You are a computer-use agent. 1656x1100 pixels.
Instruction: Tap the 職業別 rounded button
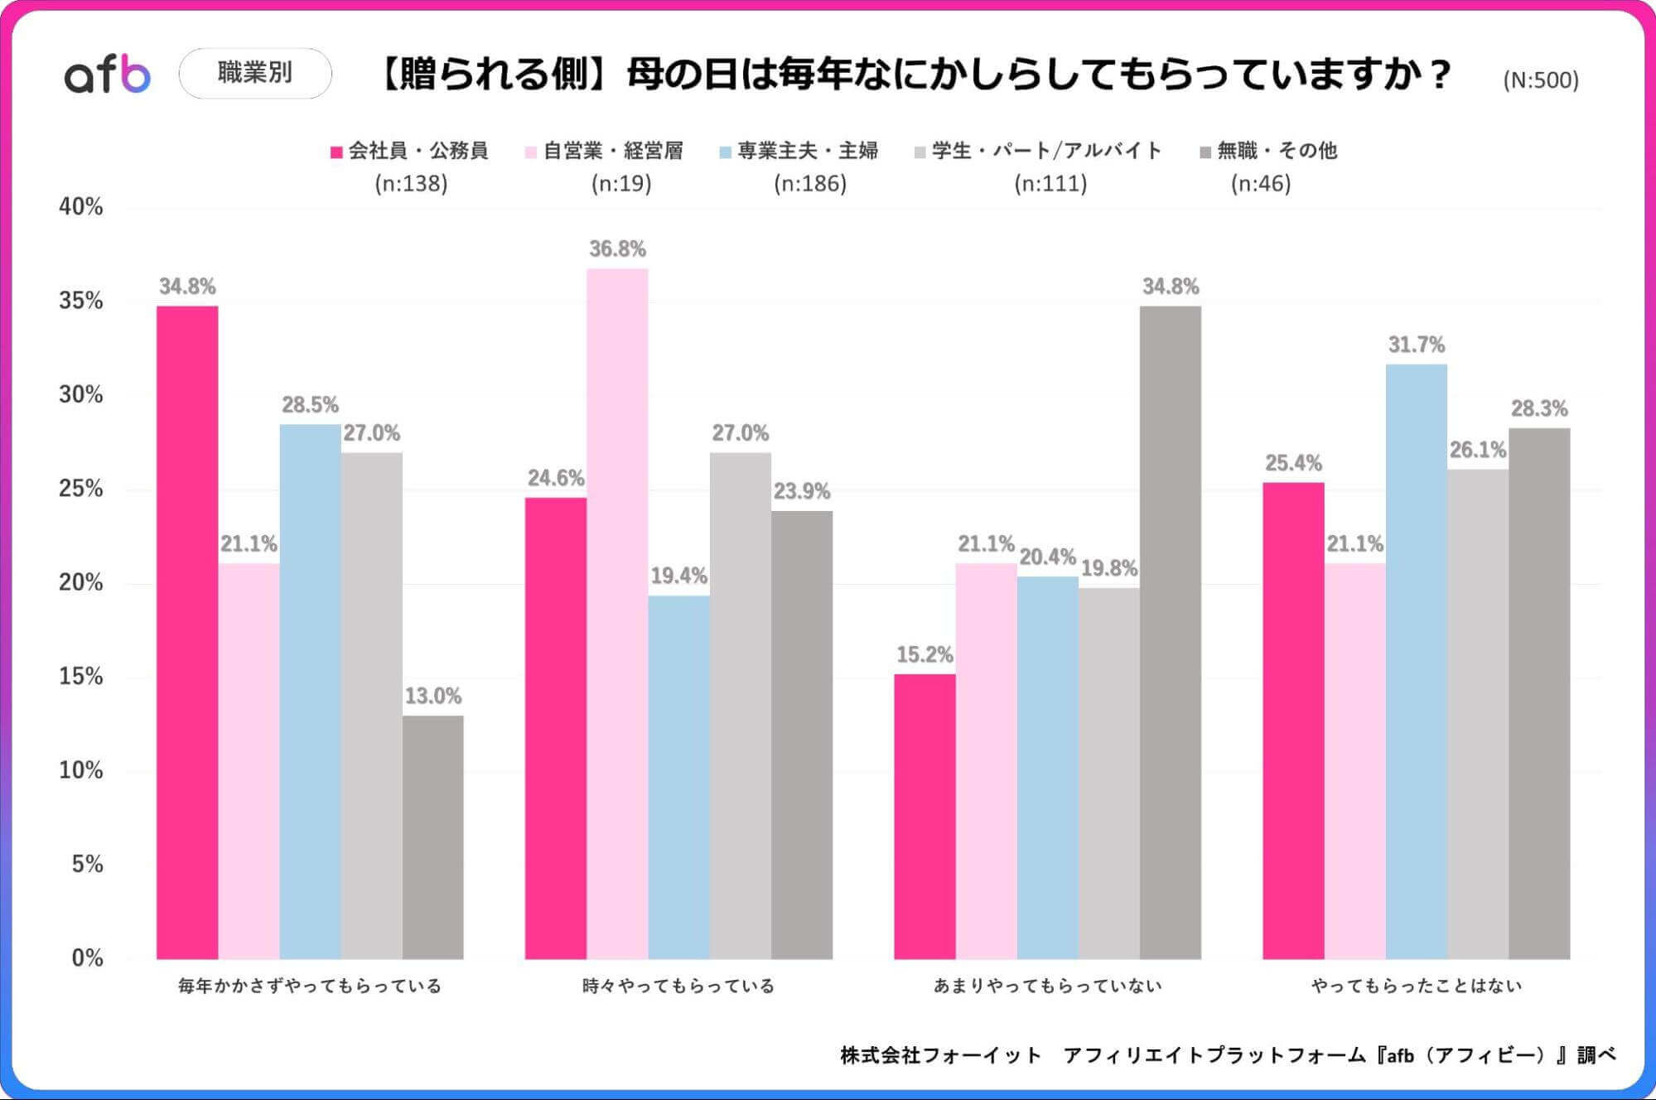point(255,73)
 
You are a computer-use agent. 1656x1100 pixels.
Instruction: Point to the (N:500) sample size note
point(1540,80)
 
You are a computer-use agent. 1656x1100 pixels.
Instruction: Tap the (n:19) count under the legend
point(621,183)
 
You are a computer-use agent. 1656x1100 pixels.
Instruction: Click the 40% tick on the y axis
point(80,206)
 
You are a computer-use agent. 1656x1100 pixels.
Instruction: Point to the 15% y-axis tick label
point(80,676)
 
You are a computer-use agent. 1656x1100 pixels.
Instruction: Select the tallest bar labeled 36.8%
point(617,613)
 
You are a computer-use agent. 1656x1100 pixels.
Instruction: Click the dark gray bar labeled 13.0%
point(433,837)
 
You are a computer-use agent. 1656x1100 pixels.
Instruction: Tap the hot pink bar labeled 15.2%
point(925,816)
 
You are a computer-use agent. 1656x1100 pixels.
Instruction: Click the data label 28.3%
point(1539,408)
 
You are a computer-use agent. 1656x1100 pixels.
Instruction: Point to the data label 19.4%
point(678,576)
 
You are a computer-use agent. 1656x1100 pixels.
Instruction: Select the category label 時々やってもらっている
point(678,986)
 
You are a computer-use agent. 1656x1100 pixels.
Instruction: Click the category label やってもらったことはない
point(1416,986)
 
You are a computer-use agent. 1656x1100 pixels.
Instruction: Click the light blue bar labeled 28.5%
point(310,692)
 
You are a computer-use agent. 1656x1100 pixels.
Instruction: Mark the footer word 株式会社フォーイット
point(940,1055)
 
